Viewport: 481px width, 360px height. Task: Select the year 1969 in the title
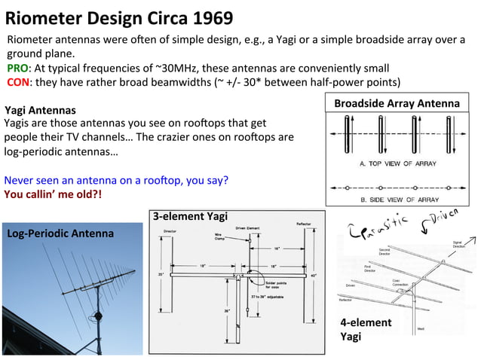point(207,17)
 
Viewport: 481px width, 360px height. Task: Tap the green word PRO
point(18,68)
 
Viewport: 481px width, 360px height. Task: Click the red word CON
point(19,81)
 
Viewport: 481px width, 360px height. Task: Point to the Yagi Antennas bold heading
point(40,110)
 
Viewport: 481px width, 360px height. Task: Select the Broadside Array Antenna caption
point(397,103)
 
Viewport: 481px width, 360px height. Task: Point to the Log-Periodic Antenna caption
point(60,233)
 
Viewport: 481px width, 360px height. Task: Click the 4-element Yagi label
point(366,329)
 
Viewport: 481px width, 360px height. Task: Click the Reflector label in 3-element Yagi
point(305,224)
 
